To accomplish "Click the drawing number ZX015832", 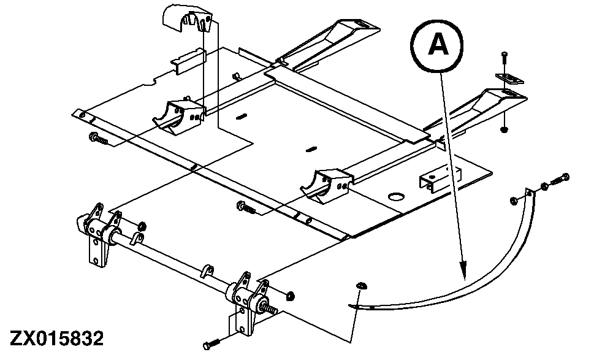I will pos(56,339).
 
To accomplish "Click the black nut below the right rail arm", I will pos(504,130).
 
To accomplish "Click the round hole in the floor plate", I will pos(395,197).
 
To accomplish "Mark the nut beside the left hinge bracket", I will pos(141,225).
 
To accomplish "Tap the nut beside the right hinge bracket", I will pos(291,297).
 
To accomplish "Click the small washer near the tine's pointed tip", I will pos(361,285).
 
